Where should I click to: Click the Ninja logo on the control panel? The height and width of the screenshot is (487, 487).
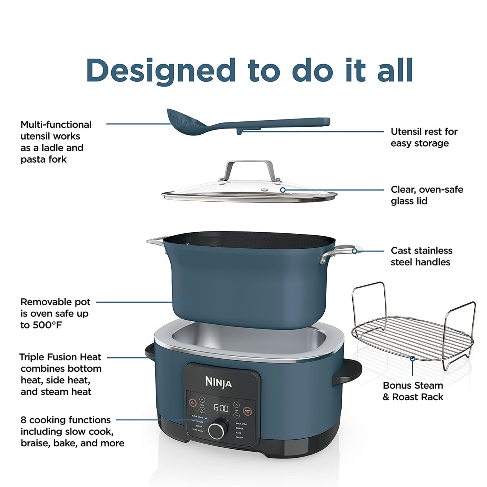(x=218, y=382)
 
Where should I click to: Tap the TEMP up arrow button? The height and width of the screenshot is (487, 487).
(x=202, y=400)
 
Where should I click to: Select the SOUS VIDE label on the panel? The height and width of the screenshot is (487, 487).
(x=241, y=424)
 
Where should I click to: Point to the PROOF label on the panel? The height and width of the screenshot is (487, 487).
(x=239, y=438)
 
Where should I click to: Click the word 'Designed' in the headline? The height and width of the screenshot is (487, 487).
(x=161, y=71)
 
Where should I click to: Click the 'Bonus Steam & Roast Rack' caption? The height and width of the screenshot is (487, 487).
(x=413, y=391)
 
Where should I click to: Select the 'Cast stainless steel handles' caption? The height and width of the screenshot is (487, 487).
(x=421, y=256)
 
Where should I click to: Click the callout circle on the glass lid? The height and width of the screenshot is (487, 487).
(x=283, y=190)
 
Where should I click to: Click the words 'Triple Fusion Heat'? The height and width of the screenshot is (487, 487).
(x=60, y=357)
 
